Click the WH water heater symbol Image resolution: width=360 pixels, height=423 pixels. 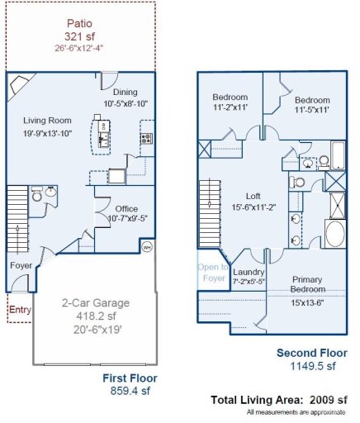pyautogui.click(x=148, y=245)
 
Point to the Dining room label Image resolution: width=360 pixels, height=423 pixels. pyautogui.click(x=125, y=93)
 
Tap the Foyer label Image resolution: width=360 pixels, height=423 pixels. pyautogui.click(x=21, y=266)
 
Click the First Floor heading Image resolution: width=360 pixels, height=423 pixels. pyautogui.click(x=130, y=378)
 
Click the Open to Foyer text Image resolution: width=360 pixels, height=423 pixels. pyautogui.click(x=211, y=273)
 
